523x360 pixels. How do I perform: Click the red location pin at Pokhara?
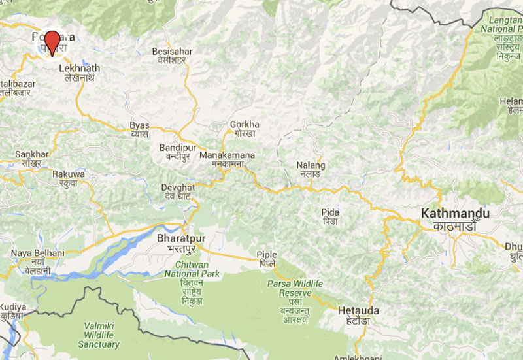click(x=51, y=41)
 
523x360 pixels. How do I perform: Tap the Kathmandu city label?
click(x=456, y=214)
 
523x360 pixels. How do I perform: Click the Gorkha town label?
click(x=245, y=125)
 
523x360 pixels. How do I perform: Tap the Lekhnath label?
click(x=79, y=68)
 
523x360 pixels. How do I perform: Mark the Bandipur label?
click(x=178, y=148)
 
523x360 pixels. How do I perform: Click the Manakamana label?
click(x=227, y=156)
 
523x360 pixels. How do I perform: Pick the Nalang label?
click(x=311, y=165)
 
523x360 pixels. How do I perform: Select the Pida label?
click(x=330, y=212)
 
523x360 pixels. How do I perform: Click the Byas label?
click(x=139, y=125)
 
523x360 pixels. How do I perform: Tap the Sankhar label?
click(x=31, y=154)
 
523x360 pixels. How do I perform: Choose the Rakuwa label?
click(x=69, y=174)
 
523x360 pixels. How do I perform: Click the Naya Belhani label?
click(x=37, y=253)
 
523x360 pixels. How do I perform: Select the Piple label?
click(x=267, y=255)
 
